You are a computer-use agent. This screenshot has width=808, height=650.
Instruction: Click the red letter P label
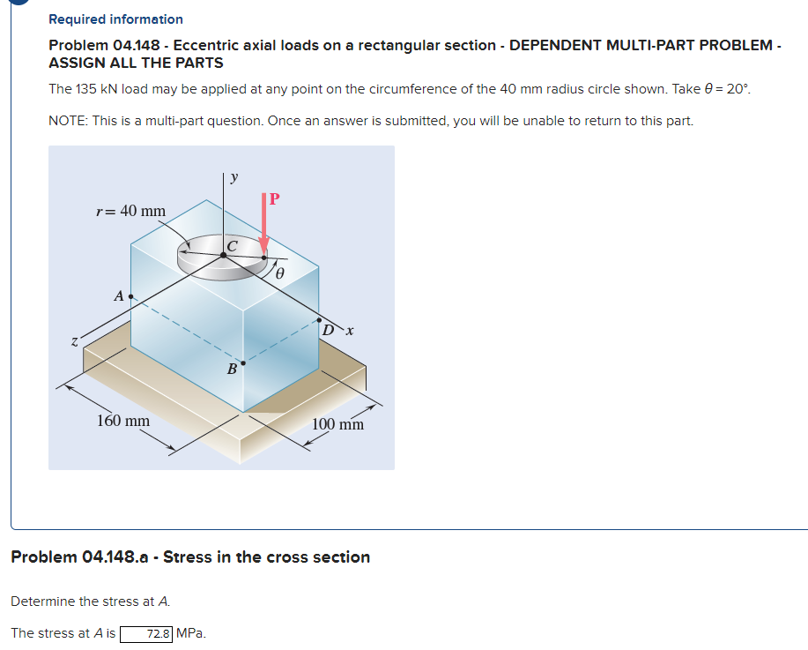(274, 198)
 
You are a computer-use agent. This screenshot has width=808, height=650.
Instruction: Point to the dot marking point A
(131, 297)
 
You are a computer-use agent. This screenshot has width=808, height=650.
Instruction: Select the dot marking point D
(319, 320)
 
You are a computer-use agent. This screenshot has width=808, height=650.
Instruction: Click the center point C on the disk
(223, 255)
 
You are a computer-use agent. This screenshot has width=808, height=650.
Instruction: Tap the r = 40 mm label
(130, 211)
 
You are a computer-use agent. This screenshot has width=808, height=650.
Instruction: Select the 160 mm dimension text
(122, 421)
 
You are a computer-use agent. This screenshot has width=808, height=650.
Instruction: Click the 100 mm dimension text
(337, 424)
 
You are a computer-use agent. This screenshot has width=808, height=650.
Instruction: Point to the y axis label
(233, 176)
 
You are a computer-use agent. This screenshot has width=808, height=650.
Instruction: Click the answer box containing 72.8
(147, 632)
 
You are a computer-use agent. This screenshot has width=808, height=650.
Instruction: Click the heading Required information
(115, 19)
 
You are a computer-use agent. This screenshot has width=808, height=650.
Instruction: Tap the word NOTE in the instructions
(68, 120)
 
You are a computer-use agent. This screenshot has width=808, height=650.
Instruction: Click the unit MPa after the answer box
(191, 632)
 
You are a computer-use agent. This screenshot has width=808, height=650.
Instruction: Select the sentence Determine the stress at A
(90, 601)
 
